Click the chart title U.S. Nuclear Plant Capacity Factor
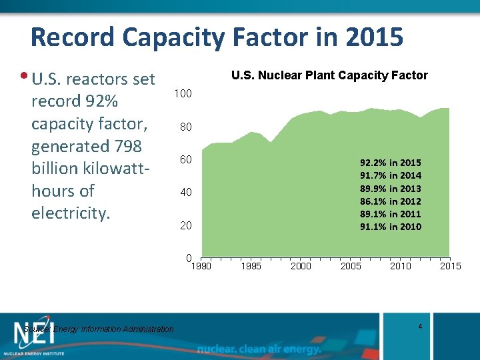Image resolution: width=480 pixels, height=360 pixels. pos(329,75)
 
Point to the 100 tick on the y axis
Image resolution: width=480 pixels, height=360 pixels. pos(183,94)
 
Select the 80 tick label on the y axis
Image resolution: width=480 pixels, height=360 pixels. pos(185,127)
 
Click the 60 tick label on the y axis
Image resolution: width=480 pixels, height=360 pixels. pos(185,160)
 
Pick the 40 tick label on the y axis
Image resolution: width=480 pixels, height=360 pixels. pos(185,193)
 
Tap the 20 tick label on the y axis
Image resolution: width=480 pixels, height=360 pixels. pos(185,226)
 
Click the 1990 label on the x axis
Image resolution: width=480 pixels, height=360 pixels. pos(201,267)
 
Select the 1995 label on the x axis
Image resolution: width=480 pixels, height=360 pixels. pos(251,267)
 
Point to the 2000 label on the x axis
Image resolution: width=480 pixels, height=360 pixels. pos(301,267)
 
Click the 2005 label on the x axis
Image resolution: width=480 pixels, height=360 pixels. pos(351,267)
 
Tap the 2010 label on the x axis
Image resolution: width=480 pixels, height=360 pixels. pos(401,267)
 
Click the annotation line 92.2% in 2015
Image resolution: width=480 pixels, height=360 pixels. pos(391,163)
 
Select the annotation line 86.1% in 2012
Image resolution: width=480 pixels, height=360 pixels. pos(391,201)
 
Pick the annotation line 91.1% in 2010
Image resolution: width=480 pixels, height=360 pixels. pos(391,227)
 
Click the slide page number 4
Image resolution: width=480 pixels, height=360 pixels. pos(420,326)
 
